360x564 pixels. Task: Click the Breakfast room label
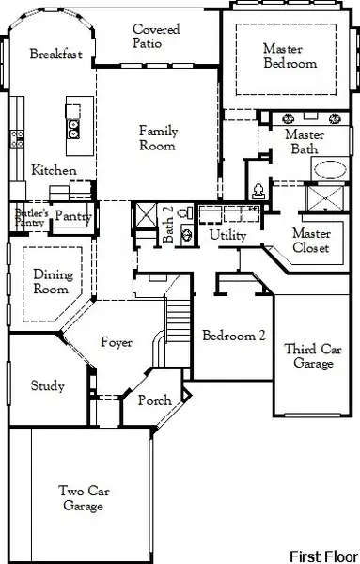(56, 55)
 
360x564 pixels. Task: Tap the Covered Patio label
(157, 37)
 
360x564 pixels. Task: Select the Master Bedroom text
(290, 56)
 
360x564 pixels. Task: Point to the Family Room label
(158, 138)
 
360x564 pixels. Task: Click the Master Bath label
(304, 142)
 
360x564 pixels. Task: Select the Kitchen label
(48, 171)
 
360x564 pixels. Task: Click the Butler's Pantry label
(29, 218)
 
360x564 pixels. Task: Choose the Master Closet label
(310, 241)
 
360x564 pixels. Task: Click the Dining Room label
(52, 282)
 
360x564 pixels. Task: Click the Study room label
(47, 385)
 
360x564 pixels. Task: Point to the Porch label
(155, 401)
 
